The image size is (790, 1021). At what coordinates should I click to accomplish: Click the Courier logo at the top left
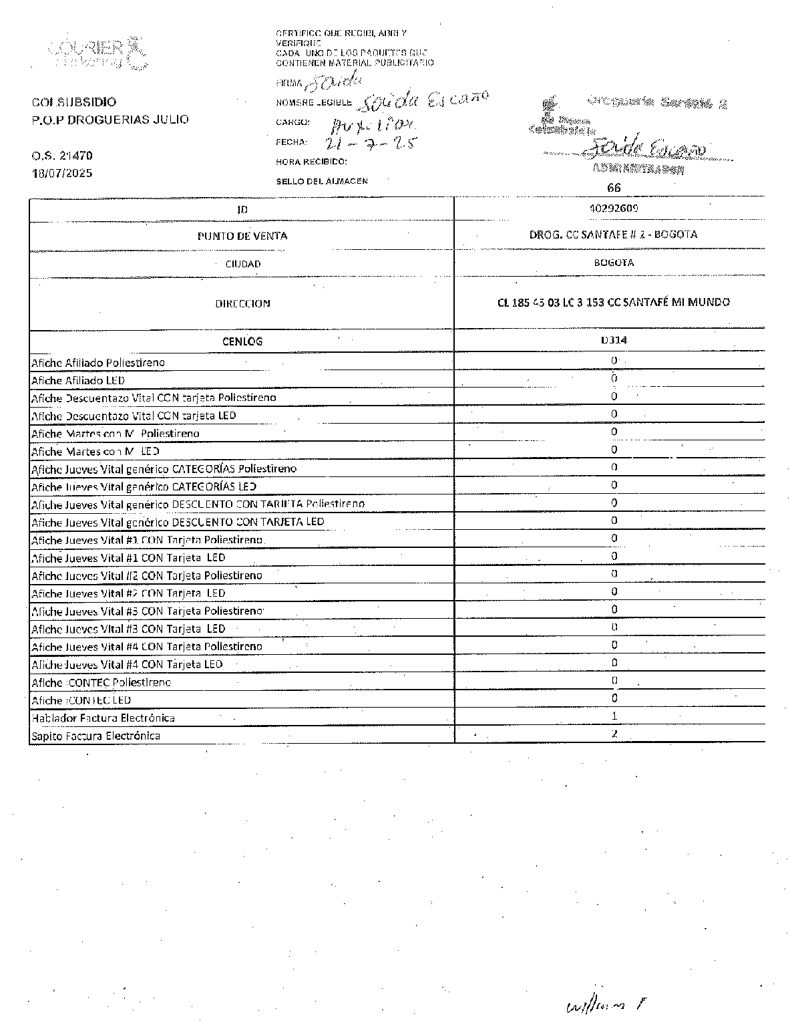(x=97, y=52)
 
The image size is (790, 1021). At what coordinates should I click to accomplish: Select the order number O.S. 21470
(x=62, y=156)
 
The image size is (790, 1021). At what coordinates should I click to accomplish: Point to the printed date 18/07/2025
(x=62, y=173)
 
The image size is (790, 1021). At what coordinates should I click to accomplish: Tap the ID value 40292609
(x=614, y=208)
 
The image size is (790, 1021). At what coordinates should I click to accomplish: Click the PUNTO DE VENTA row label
(x=242, y=236)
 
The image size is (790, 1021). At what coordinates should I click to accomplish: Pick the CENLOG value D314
(x=614, y=339)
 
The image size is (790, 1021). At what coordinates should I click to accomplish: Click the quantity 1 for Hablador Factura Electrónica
(x=614, y=716)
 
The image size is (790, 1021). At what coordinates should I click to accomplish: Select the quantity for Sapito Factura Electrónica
(x=614, y=734)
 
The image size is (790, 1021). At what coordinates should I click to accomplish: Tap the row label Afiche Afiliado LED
(x=78, y=380)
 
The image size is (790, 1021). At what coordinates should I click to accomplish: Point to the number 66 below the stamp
(x=614, y=188)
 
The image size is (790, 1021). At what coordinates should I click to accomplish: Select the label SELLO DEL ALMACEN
(x=322, y=181)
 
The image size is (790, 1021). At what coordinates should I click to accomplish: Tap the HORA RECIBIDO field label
(x=312, y=162)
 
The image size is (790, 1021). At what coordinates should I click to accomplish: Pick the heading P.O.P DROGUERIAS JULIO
(x=110, y=120)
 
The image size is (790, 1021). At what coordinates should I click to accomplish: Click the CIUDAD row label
(x=242, y=264)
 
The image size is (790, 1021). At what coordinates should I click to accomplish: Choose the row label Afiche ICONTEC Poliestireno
(x=102, y=682)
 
